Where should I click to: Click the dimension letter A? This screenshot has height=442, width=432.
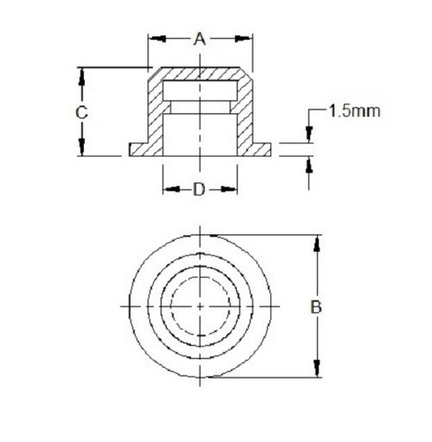coord(200,38)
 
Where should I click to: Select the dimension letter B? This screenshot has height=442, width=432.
coord(315,307)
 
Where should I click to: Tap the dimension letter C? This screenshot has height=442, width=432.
coord(80,112)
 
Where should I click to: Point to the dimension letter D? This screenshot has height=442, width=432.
coord(200,189)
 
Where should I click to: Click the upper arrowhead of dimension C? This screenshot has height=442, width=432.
coord(81,75)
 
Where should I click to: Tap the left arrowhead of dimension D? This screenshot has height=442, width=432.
coord(168,189)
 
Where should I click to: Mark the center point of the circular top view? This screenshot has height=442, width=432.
coord(201,306)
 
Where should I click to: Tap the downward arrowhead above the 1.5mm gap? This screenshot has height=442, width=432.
coord(308,135)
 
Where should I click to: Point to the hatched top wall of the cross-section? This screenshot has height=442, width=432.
coord(201,73)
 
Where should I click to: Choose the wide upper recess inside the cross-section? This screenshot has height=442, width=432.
coord(201,90)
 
